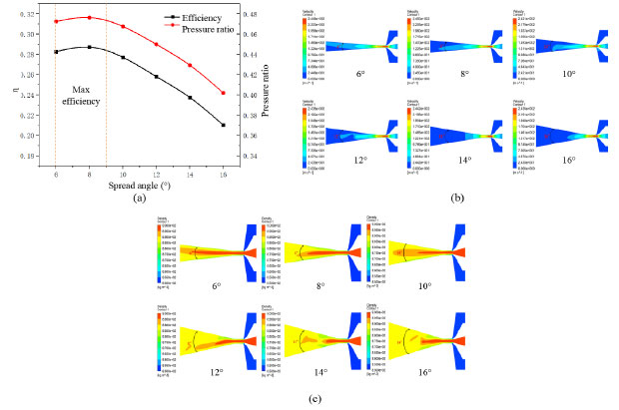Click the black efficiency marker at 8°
click(x=90, y=47)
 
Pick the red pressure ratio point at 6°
click(x=56, y=21)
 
